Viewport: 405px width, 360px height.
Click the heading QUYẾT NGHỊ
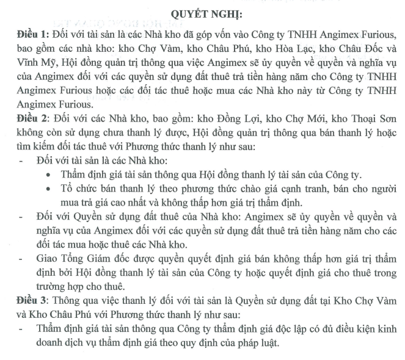(203, 13)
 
